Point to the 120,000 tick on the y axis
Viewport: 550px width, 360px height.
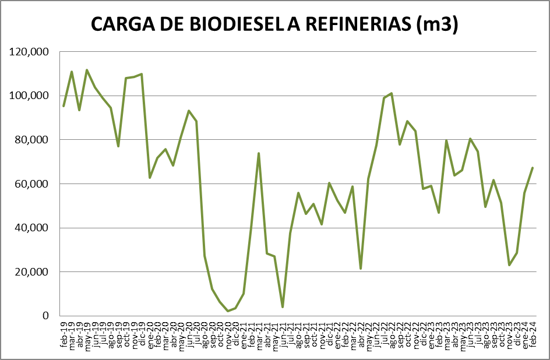[30, 52]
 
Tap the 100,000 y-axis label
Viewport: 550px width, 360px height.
[30, 96]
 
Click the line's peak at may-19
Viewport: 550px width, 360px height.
[87, 70]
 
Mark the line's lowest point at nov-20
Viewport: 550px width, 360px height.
[228, 311]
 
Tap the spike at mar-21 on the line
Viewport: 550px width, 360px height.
[259, 153]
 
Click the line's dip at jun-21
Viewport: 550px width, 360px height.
[283, 307]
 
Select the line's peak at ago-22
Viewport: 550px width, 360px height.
[392, 93]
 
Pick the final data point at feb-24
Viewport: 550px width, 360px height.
[533, 168]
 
